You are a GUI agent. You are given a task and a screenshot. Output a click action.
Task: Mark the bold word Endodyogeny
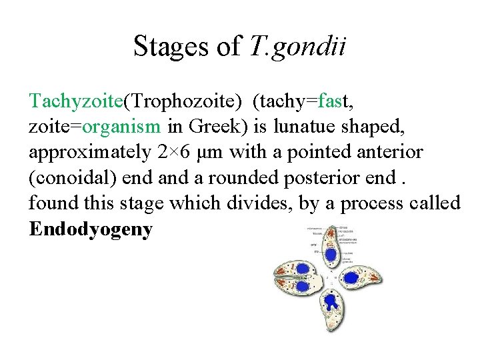(x=91, y=229)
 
